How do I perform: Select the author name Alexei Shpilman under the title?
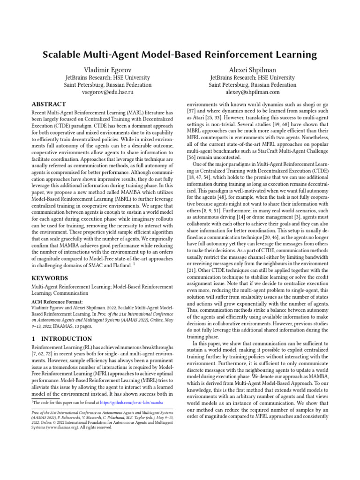tap(252, 69)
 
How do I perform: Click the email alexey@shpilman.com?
tap(252, 93)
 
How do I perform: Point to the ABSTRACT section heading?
tap(48, 104)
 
